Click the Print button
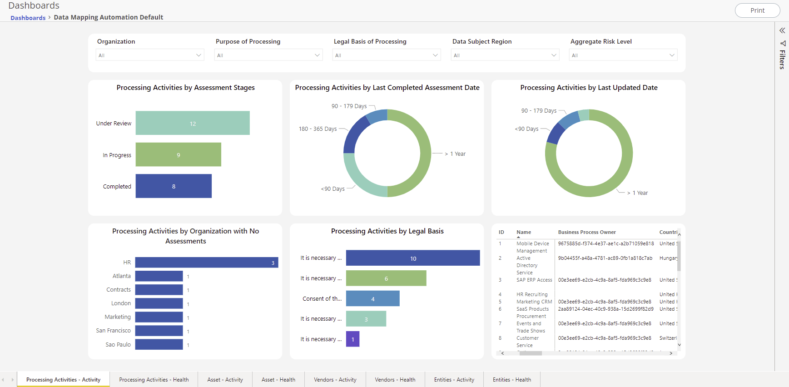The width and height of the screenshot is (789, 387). coord(757,10)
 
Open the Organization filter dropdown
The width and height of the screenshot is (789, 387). coord(150,55)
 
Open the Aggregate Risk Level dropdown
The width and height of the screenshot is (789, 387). coord(623,55)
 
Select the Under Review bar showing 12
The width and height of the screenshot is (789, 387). coord(193,123)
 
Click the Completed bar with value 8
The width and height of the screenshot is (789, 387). coord(174,186)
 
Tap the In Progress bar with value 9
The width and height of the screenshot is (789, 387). coord(178,155)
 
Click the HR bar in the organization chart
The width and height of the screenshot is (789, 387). coord(206,263)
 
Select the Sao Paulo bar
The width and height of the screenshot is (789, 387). coord(159,345)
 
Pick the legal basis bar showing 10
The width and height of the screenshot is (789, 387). coord(412,258)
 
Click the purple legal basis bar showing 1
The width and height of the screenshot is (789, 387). coord(352,339)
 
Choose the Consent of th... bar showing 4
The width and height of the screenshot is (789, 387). coord(372,299)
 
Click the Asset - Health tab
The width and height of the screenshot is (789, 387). coord(278,380)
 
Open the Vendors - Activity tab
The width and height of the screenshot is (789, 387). coord(335,380)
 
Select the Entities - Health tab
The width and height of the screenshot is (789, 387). coord(511,380)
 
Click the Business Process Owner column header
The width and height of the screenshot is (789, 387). coord(587,232)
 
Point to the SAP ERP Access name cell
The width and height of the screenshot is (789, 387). coord(534,280)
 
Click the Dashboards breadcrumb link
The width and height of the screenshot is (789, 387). coord(28,18)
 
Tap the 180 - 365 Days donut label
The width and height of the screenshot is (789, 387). coord(318,129)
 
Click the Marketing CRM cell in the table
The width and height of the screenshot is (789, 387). coord(534,302)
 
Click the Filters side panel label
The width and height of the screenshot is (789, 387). coord(782,59)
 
